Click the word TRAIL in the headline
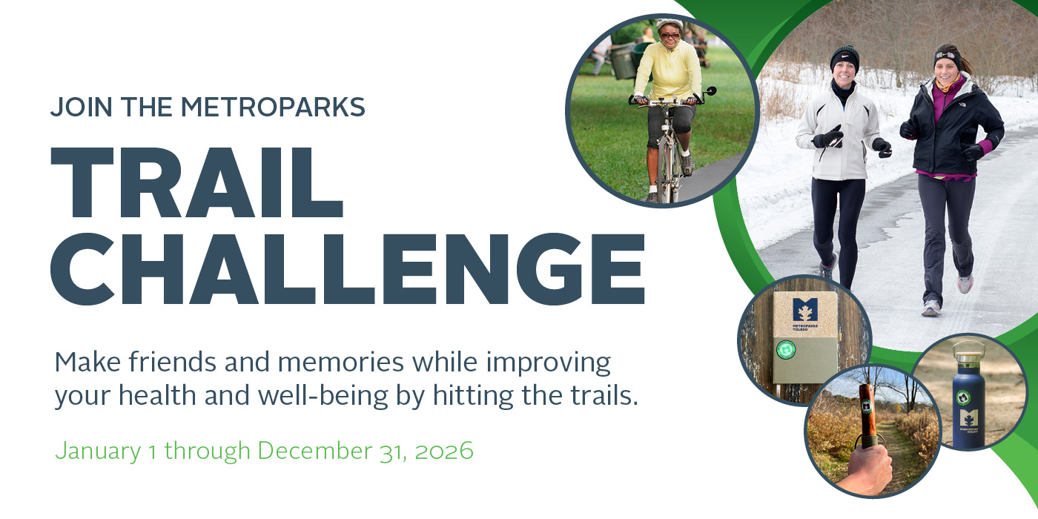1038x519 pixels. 196,181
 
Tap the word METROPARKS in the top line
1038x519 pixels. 272,108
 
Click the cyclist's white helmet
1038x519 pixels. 668,24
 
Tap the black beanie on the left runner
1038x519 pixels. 844,56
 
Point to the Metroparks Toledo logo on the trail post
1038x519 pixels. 804,310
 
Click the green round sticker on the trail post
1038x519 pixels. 785,349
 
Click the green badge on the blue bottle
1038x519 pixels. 964,397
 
